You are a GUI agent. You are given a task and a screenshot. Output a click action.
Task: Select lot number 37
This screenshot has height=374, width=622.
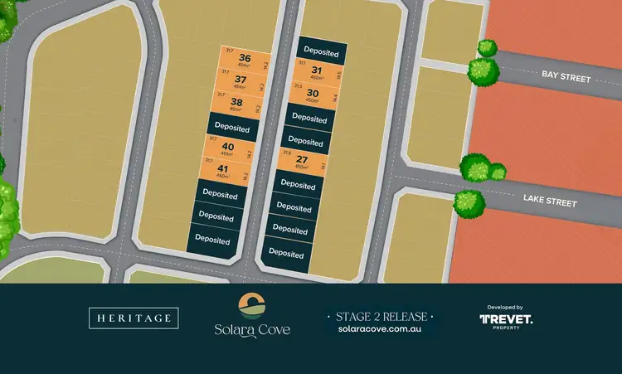(241, 80)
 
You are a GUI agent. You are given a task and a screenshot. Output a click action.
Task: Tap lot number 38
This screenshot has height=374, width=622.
(237, 103)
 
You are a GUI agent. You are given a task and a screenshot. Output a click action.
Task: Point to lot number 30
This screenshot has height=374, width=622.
(312, 93)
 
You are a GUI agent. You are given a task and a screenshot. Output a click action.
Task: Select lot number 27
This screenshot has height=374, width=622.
(303, 160)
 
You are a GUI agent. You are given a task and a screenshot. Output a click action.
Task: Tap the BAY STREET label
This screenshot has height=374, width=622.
(566, 76)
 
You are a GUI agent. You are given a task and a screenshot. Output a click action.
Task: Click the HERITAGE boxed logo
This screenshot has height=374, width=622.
(133, 318)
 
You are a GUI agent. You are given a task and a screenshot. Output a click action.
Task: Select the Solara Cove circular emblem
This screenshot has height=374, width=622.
(251, 305)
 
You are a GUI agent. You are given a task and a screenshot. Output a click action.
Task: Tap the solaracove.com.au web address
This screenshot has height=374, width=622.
(381, 329)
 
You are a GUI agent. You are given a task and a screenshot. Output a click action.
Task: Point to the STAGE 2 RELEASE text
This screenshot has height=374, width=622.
(381, 316)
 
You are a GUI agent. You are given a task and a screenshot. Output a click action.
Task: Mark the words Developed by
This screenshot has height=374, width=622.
(506, 307)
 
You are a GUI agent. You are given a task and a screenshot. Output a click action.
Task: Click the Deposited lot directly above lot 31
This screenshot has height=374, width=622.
(321, 51)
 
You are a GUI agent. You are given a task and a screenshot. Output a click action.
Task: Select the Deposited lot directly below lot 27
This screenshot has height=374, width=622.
(296, 186)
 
